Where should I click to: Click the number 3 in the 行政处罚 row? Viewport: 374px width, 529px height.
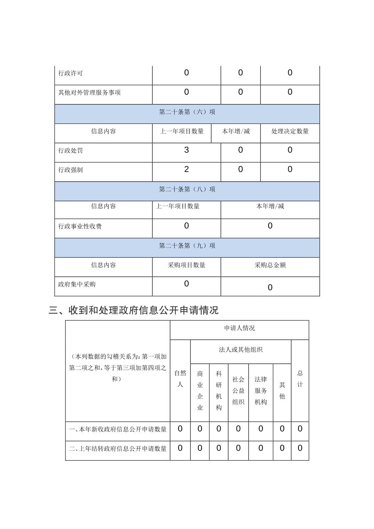[x=186, y=150]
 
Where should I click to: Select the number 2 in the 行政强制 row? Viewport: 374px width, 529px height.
[x=186, y=169]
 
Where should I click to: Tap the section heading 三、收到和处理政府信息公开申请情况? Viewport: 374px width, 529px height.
[x=134, y=310]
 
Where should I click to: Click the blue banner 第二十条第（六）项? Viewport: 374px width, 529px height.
[x=187, y=112]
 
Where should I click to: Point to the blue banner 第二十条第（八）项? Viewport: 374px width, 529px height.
[x=187, y=189]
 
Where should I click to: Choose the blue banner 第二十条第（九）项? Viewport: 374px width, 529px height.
[x=187, y=246]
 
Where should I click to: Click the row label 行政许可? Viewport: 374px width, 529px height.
[x=70, y=73]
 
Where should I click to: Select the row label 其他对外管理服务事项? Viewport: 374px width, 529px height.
[x=89, y=93]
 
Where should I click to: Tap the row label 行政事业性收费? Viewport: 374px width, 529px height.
[x=80, y=227]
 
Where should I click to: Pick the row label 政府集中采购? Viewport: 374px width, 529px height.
[x=77, y=284]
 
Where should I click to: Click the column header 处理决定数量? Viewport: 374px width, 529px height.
[x=290, y=131]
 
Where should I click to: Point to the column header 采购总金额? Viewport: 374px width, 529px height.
[x=270, y=265]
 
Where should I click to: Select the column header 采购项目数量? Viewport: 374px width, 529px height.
[x=186, y=265]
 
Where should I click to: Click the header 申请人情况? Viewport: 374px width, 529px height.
[x=239, y=328]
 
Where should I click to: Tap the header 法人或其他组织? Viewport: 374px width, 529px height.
[x=240, y=350]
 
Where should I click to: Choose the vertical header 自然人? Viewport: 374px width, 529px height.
[x=180, y=379]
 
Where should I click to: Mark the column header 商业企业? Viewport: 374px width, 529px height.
[x=200, y=390]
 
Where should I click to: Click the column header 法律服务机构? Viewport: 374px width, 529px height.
[x=260, y=390]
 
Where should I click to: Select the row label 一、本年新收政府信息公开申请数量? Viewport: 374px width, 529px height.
[x=118, y=429]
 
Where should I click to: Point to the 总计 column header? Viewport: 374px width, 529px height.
[x=300, y=379]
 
